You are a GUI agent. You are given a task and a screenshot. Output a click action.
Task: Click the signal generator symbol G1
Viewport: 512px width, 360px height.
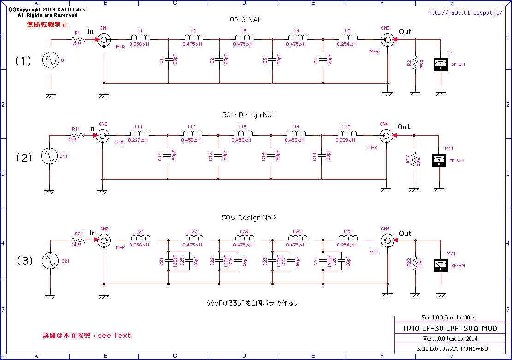point(50,60)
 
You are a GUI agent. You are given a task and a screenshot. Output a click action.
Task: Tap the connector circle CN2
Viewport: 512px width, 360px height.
point(388,40)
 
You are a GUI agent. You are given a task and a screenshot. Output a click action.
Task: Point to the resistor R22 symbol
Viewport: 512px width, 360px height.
point(416,263)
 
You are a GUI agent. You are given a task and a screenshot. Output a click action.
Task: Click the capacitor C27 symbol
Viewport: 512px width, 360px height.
point(291,261)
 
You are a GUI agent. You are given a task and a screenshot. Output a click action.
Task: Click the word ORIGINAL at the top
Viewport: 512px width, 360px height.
point(245,20)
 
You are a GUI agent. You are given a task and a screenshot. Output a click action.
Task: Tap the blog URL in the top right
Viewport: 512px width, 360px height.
point(465,13)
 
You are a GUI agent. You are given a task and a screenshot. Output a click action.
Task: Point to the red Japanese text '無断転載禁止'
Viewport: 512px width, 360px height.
point(47,24)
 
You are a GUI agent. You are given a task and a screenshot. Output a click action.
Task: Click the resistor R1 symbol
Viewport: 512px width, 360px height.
point(77,40)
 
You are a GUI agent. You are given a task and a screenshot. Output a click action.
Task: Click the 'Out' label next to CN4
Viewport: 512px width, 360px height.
point(404,127)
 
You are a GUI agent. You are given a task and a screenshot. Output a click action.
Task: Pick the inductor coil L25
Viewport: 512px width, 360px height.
point(348,239)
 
